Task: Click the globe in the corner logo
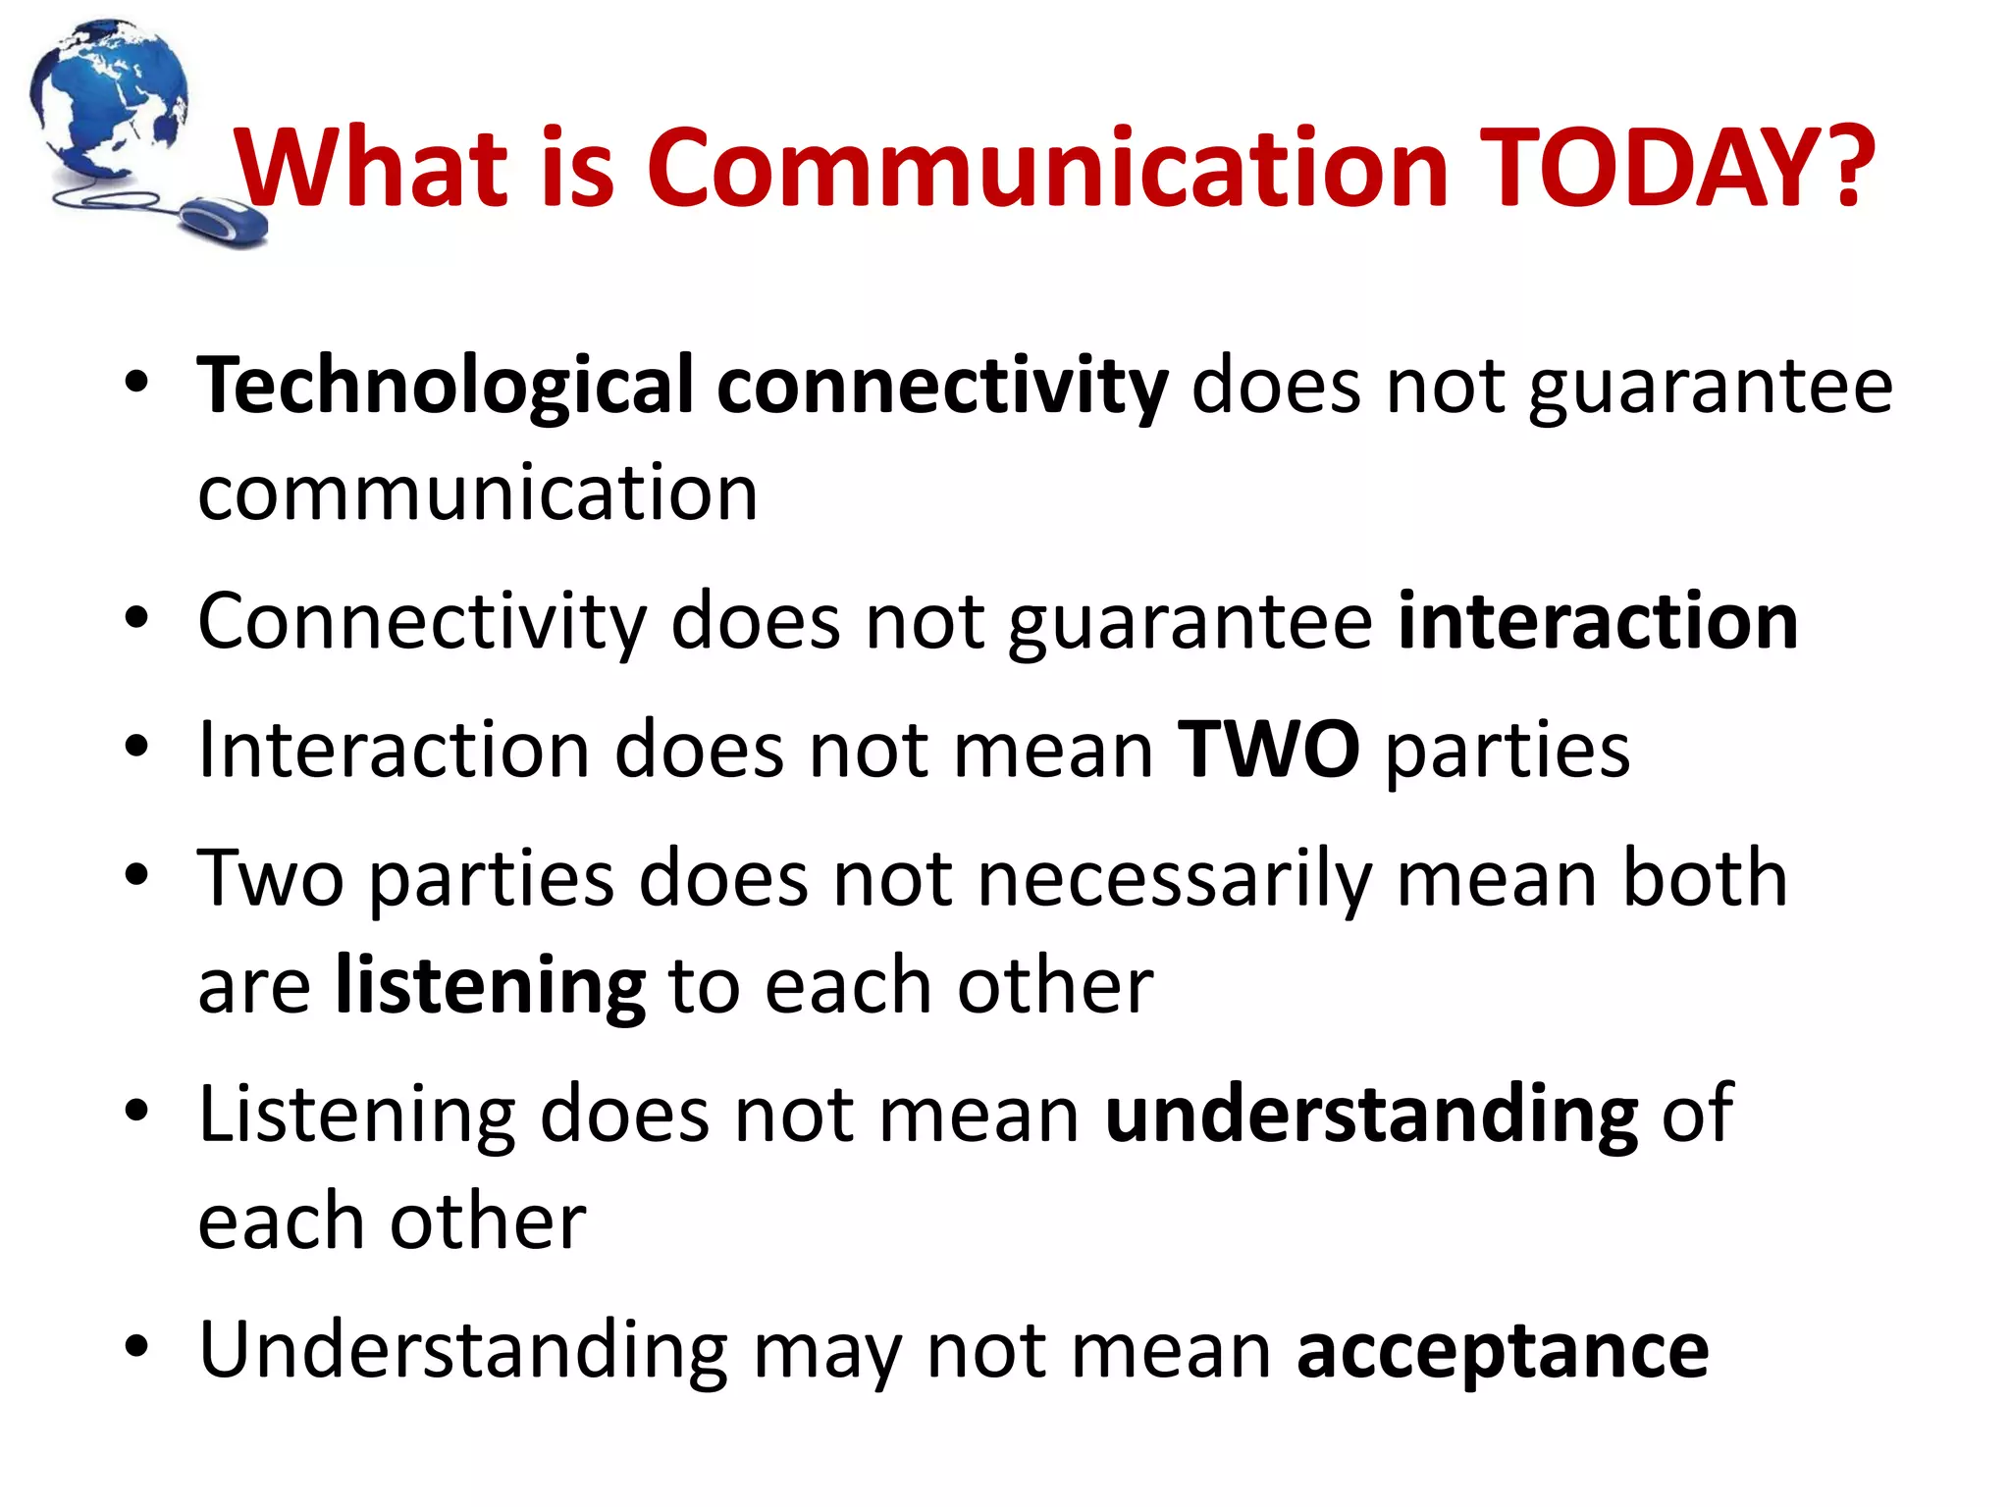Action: [108, 98]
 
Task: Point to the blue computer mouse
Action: [226, 221]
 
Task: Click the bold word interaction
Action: [1598, 622]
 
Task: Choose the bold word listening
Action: [490, 987]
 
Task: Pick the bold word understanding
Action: [1371, 1116]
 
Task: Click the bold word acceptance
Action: [1503, 1352]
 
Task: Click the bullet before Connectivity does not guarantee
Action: [136, 619]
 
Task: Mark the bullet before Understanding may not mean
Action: [136, 1347]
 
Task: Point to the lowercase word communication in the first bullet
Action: [478, 493]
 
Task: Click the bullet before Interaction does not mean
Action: [136, 747]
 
